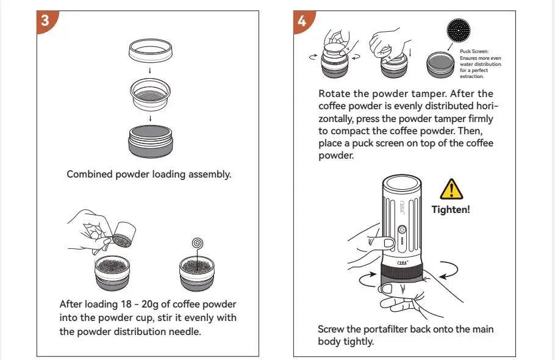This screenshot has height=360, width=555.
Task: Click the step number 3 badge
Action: pyautogui.click(x=45, y=19)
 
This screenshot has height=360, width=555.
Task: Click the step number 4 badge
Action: pyautogui.click(x=302, y=20)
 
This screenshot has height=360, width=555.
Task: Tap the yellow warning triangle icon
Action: pyautogui.click(x=451, y=190)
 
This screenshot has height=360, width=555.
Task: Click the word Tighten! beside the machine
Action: pyautogui.click(x=451, y=209)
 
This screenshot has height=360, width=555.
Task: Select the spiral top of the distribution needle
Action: pyautogui.click(x=197, y=243)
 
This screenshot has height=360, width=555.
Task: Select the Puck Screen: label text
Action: pyautogui.click(x=473, y=52)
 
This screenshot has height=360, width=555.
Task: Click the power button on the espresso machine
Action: pyautogui.click(x=402, y=231)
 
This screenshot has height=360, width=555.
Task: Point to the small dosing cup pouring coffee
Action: pyautogui.click(x=124, y=234)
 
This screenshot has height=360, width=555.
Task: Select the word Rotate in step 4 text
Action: pyautogui.click(x=334, y=94)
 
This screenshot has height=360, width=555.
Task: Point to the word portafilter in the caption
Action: pyautogui.click(x=390, y=329)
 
